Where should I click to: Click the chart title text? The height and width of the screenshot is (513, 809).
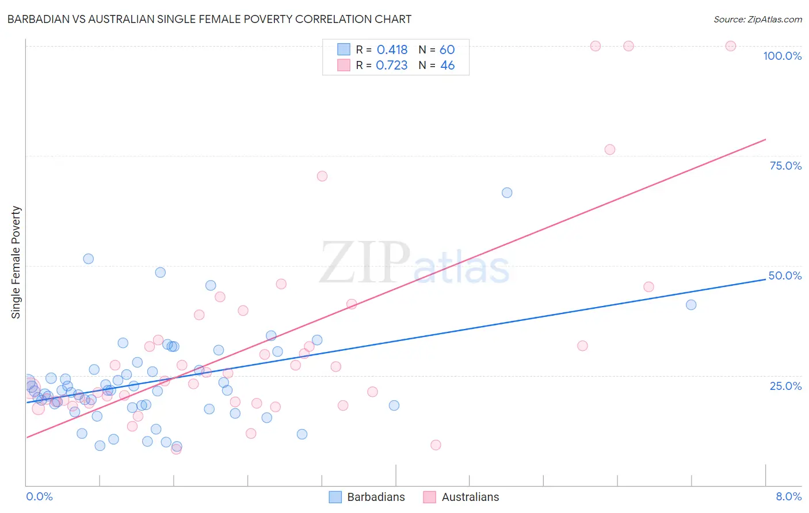(209, 19)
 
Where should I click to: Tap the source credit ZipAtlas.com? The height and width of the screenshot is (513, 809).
(757, 19)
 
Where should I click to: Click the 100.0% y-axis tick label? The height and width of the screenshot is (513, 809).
(782, 56)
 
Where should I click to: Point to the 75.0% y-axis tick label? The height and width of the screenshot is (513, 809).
(785, 166)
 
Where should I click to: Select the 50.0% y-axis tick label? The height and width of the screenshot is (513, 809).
(785, 275)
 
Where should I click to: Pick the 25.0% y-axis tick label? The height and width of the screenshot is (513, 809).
(785, 386)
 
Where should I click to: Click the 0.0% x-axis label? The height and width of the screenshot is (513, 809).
(39, 496)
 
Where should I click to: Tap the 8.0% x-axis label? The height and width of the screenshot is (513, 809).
(788, 496)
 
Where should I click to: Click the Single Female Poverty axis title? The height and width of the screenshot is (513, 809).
(16, 262)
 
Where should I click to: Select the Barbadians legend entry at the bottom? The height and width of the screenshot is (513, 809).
(367, 497)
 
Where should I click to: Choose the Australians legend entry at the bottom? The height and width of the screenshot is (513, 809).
(461, 497)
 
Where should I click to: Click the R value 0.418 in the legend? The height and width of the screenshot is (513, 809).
(392, 50)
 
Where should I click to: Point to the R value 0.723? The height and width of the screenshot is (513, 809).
(391, 66)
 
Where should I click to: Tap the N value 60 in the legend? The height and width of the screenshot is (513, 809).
(447, 50)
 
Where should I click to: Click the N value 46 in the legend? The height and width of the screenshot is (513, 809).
(447, 66)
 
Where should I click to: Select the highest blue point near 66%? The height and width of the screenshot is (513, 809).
(507, 193)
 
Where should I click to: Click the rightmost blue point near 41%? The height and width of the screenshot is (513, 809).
(691, 305)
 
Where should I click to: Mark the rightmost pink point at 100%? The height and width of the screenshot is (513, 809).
(731, 46)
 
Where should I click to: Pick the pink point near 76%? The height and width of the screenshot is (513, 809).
(610, 150)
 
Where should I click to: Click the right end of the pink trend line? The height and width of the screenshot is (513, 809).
(765, 139)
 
